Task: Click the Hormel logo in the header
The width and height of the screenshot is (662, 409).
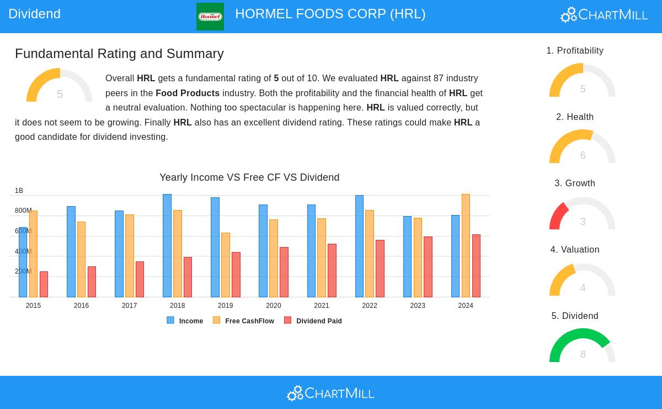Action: point(210,17)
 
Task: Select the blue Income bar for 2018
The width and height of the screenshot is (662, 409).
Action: point(167,246)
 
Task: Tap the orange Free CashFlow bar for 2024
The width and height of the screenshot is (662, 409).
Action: point(466,246)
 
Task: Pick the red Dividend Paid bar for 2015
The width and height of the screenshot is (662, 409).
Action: point(44,284)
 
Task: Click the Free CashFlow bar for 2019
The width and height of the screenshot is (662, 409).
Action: point(226,265)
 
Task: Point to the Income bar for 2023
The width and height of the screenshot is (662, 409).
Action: point(407,257)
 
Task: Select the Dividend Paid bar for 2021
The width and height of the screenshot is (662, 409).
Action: point(332,271)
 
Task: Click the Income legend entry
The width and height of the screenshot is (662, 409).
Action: point(185,321)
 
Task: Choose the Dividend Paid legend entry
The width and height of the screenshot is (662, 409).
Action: point(313,321)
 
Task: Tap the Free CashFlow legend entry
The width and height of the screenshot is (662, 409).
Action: point(244,321)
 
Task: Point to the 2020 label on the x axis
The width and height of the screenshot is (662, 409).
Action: point(274,306)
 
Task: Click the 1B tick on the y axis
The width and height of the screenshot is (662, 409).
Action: point(19,191)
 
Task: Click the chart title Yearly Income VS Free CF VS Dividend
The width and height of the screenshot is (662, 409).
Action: point(249,177)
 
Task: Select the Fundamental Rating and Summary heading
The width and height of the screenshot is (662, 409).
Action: point(119,54)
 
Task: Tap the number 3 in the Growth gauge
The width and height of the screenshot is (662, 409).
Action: point(583,222)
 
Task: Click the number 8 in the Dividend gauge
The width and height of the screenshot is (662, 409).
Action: point(583,354)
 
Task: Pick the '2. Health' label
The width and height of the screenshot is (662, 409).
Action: point(575,117)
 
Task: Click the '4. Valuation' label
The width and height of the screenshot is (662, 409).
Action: point(575,250)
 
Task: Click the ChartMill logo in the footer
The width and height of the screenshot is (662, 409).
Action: point(330,393)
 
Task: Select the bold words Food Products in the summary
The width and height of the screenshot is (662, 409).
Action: point(188,93)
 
